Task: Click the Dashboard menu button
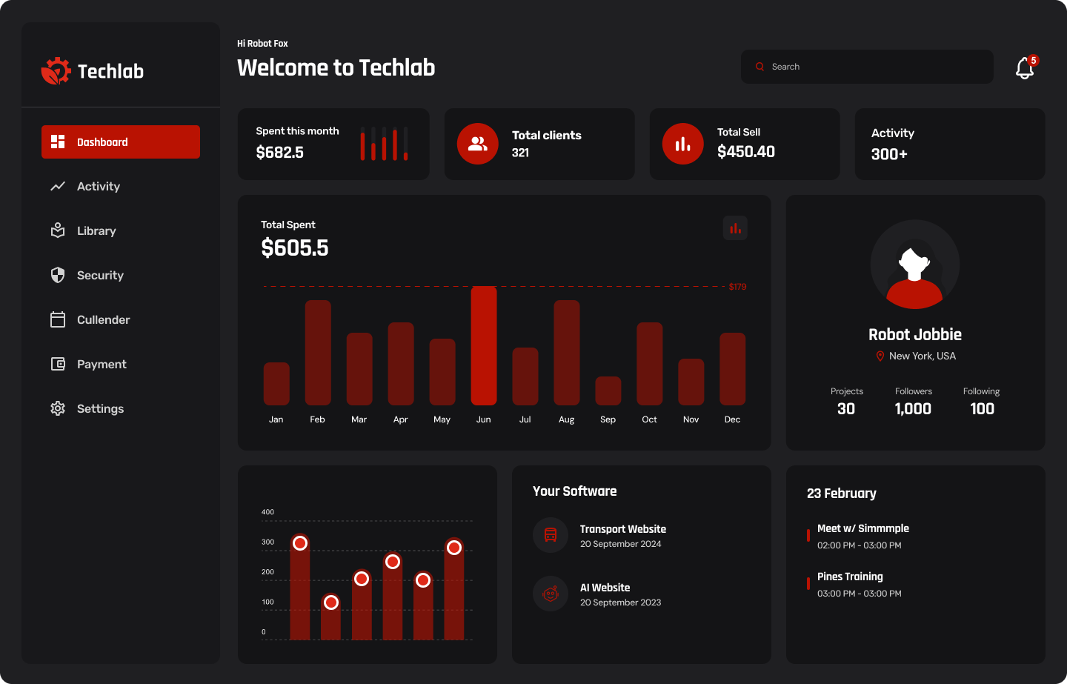[x=121, y=142]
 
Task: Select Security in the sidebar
[x=100, y=275]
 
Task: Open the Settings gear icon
[x=58, y=408]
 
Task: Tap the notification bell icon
[x=1025, y=68]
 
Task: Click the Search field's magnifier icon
[x=759, y=67]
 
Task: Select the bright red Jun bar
[x=484, y=345]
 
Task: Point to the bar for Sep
[x=608, y=391]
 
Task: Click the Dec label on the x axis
[x=732, y=419]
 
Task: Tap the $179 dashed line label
[x=737, y=287]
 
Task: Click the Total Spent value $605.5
[x=295, y=248]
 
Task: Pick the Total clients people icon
[x=478, y=144]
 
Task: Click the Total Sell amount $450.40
[x=746, y=152]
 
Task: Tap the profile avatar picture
[x=915, y=265]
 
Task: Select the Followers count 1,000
[x=913, y=409]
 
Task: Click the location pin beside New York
[x=880, y=356]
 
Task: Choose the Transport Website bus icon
[x=551, y=535]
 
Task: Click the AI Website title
[x=605, y=588]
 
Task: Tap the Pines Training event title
[x=850, y=577]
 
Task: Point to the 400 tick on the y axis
[x=267, y=512]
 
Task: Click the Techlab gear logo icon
[x=56, y=71]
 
